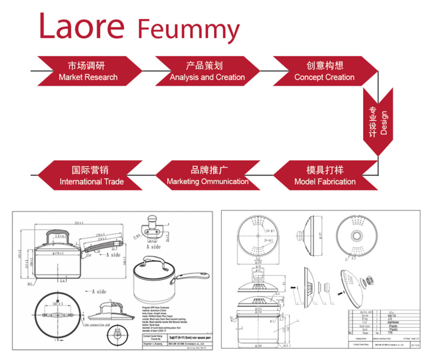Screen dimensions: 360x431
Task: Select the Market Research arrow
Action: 89,71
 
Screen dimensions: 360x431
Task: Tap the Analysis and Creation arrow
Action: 207,71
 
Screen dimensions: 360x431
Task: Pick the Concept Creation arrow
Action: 324,71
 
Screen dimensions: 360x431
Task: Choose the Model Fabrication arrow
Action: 325,175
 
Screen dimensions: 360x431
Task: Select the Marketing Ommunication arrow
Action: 207,175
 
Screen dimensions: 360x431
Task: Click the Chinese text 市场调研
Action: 86,66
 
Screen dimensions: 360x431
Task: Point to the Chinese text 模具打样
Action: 325,170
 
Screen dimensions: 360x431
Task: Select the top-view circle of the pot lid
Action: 58,315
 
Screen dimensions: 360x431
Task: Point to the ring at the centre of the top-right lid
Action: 356,236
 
